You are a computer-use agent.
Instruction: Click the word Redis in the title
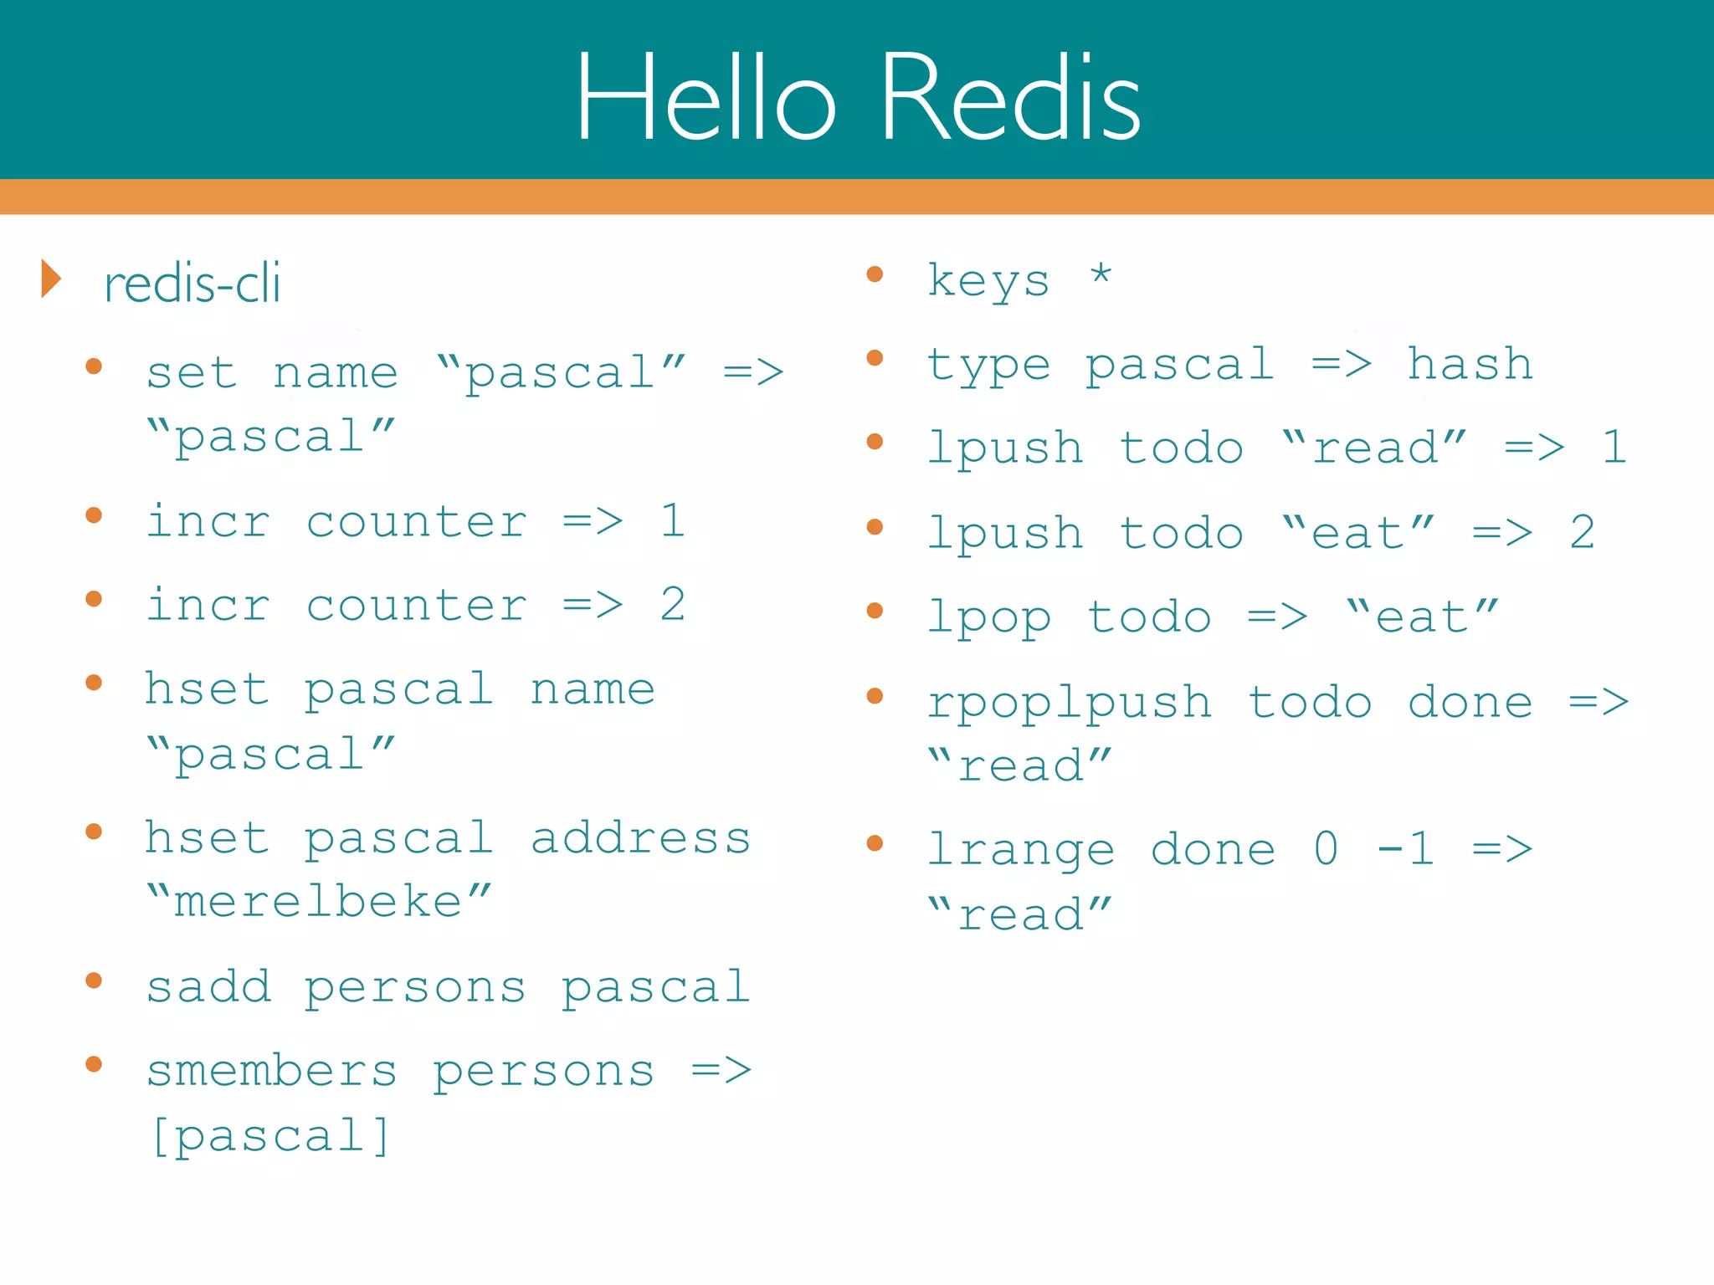(1010, 98)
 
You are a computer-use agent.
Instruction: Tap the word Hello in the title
(705, 98)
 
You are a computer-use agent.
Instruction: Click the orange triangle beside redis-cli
(52, 279)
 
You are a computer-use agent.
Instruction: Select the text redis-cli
(192, 284)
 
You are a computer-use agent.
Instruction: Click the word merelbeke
(318, 901)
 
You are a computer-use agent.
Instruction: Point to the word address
(640, 837)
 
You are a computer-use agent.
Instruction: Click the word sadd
(208, 986)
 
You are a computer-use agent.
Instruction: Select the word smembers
(272, 1071)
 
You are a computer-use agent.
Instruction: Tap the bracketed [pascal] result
(270, 1135)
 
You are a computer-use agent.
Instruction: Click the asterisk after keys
(1101, 274)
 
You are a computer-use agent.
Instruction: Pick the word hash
(1470, 364)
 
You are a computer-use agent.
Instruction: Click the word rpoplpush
(1069, 702)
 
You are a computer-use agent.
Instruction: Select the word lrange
(1021, 850)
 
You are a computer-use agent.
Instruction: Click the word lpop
(988, 618)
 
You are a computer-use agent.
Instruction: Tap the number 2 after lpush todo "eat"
(1582, 533)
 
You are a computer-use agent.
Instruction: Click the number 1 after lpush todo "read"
(1614, 447)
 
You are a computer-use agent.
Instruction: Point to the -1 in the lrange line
(1405, 849)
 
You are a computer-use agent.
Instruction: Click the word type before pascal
(988, 366)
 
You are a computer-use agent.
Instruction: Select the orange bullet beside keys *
(875, 274)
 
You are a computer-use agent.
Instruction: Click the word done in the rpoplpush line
(1470, 702)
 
